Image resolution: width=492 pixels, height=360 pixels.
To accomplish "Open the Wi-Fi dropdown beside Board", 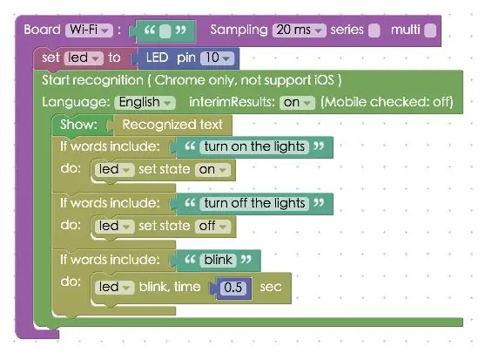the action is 89,31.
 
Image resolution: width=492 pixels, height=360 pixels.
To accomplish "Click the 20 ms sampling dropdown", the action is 300,31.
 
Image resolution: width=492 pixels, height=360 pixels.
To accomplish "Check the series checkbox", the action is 374,31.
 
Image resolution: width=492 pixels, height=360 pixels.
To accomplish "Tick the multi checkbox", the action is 430,31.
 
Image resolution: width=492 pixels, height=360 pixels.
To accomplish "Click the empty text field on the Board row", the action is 165,31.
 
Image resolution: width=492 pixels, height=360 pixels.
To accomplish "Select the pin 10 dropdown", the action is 217,58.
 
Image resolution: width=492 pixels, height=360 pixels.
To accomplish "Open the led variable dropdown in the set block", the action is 84,58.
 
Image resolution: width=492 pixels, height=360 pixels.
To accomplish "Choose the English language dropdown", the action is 145,103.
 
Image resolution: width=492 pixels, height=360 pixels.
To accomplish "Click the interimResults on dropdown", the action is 297,103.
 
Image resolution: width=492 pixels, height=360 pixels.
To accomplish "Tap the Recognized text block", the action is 172,125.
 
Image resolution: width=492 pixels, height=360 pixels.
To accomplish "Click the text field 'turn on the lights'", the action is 254,147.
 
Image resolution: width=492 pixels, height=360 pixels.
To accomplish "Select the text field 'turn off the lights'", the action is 254,204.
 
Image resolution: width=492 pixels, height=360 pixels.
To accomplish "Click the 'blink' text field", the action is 218,260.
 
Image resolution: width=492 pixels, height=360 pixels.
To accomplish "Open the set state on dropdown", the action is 212,170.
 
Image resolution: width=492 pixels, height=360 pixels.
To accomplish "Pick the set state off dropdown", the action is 212,227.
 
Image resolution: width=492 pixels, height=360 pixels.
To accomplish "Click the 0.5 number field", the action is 233,288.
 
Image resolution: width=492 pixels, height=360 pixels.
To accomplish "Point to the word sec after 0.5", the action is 271,287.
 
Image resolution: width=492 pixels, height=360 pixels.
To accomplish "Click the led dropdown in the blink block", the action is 114,288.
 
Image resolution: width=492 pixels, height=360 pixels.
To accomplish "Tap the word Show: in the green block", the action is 78,125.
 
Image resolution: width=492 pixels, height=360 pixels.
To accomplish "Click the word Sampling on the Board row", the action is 239,31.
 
